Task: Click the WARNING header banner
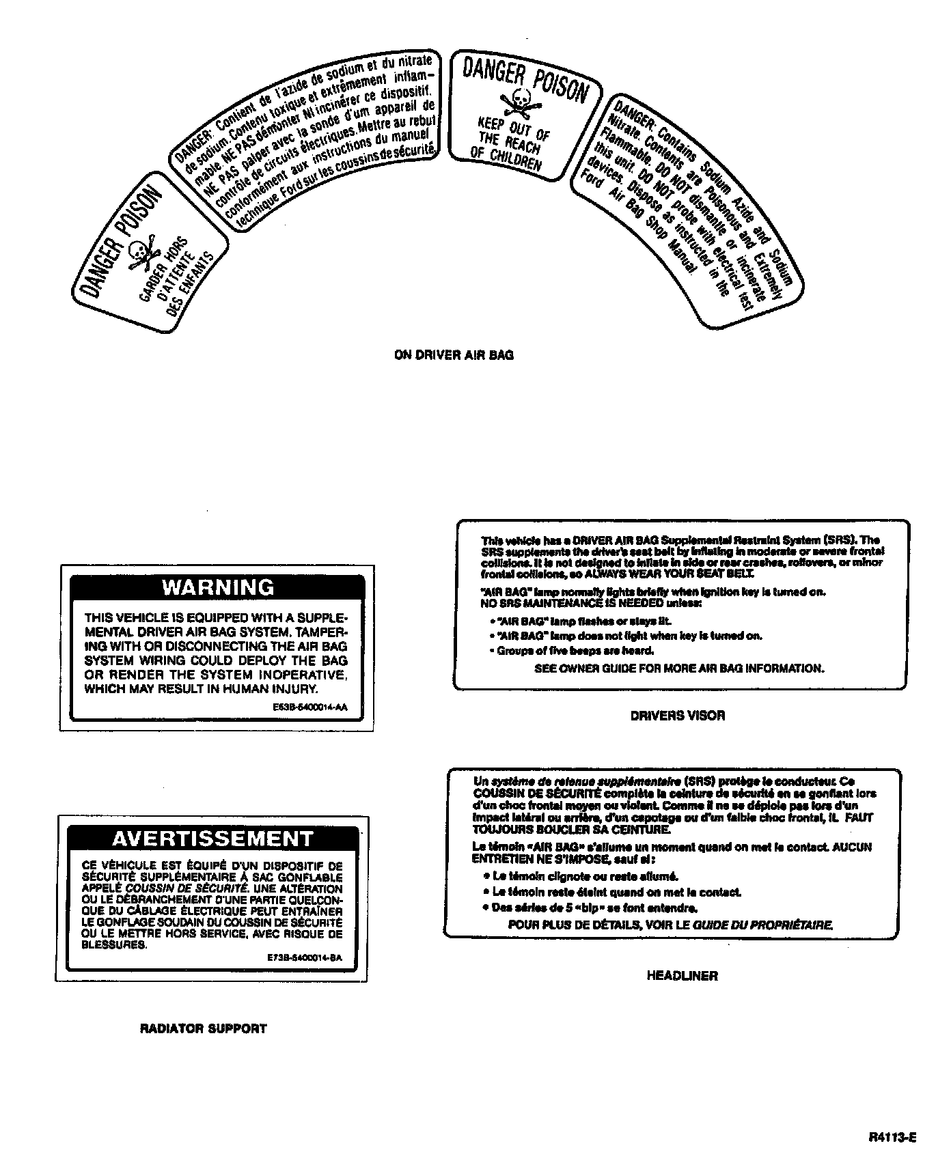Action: point(217,587)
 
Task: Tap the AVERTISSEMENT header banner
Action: point(212,838)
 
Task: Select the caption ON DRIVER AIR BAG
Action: point(454,355)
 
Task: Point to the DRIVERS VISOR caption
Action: point(677,716)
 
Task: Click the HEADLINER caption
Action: point(682,976)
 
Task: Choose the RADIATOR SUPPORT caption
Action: point(203,1028)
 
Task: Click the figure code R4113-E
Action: point(892,1138)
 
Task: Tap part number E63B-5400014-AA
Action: point(309,707)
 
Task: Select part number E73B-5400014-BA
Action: point(304,958)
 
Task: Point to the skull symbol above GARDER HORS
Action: point(141,252)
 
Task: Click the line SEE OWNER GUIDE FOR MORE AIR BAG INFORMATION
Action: point(679,669)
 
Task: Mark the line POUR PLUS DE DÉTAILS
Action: point(670,925)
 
